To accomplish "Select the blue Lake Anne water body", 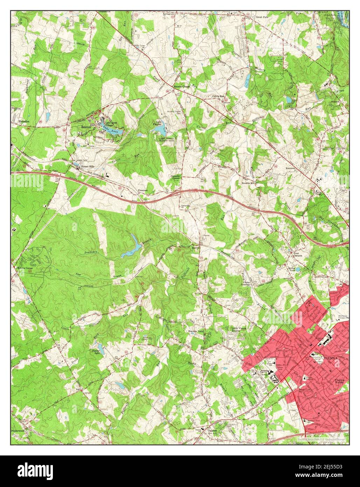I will pyautogui.click(x=116, y=132).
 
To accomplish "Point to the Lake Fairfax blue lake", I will pyautogui.click(x=160, y=130).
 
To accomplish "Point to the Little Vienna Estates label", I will pyautogui.click(x=240, y=329).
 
